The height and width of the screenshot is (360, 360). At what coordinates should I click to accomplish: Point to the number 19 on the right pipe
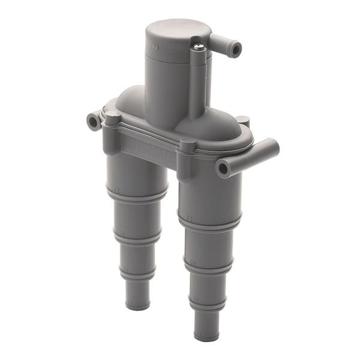coord(192,298)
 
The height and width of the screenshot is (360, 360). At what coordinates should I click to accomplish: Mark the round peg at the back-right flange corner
coord(243,122)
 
